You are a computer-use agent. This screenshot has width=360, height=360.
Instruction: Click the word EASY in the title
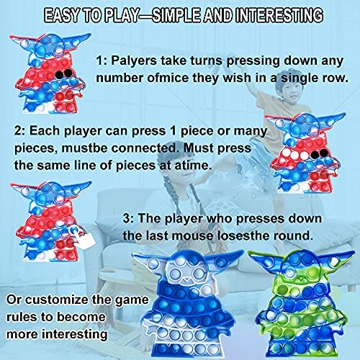(x=61, y=15)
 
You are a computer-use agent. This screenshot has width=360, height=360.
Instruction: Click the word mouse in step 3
(x=193, y=236)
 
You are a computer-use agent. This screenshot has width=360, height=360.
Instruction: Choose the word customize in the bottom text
(x=57, y=300)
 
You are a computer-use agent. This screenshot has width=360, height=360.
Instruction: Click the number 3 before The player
(x=126, y=219)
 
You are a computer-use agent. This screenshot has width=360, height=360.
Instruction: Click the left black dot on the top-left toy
(x=59, y=75)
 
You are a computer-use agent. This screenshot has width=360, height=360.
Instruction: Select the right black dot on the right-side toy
(x=324, y=153)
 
